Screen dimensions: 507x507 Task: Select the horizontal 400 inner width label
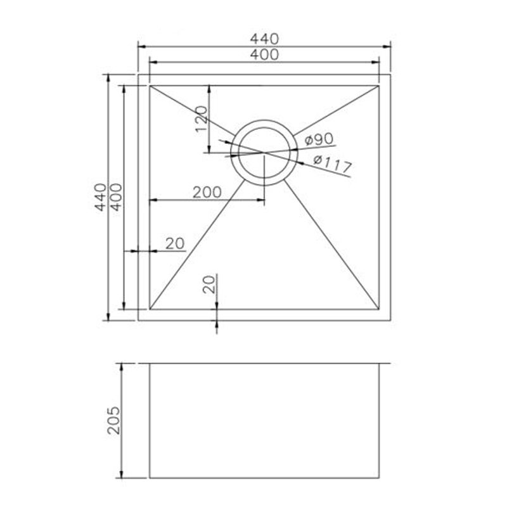tap(264, 55)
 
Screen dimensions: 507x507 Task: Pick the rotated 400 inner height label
tap(115, 198)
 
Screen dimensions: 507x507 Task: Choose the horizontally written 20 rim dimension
tap(174, 243)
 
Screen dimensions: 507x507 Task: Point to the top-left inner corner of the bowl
tap(150, 86)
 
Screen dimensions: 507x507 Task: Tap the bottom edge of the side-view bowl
tap(264, 478)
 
